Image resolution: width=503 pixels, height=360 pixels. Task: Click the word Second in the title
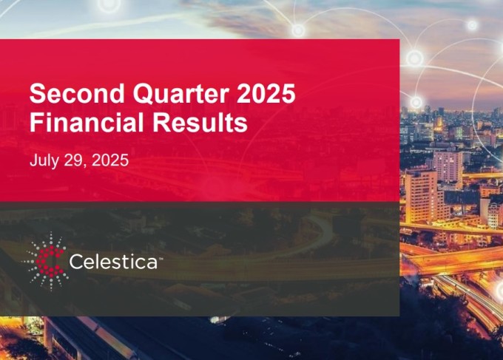(77, 93)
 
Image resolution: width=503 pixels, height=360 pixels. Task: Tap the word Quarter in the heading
(181, 93)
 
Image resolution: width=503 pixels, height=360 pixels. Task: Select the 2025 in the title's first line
(266, 93)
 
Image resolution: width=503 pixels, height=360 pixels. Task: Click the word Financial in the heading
(87, 122)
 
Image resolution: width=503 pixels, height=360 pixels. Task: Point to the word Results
(200, 122)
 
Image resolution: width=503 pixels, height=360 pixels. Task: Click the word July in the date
(44, 160)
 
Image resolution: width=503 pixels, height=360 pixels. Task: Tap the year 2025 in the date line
(110, 160)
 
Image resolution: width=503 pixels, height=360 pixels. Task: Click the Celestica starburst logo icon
(47, 262)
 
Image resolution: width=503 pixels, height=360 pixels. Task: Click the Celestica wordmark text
(114, 262)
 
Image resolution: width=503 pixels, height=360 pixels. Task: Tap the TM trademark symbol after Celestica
(161, 258)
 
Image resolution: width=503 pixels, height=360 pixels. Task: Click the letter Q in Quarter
(144, 94)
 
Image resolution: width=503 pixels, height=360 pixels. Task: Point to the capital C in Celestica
(77, 262)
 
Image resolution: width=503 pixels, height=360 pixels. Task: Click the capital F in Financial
(36, 122)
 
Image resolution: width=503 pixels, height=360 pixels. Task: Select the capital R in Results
(161, 122)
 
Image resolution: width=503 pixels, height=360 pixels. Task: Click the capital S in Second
(38, 93)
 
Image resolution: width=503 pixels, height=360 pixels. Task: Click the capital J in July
(34, 160)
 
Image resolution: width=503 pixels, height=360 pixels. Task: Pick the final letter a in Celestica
(152, 263)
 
